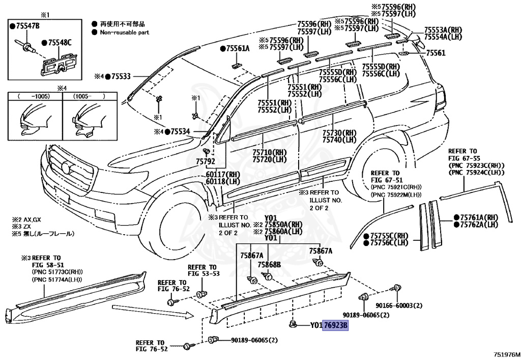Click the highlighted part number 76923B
(336, 325)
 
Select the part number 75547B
(27, 25)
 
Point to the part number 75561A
(237, 49)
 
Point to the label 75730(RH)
(339, 133)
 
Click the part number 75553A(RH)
(443, 30)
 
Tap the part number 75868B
(269, 264)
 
